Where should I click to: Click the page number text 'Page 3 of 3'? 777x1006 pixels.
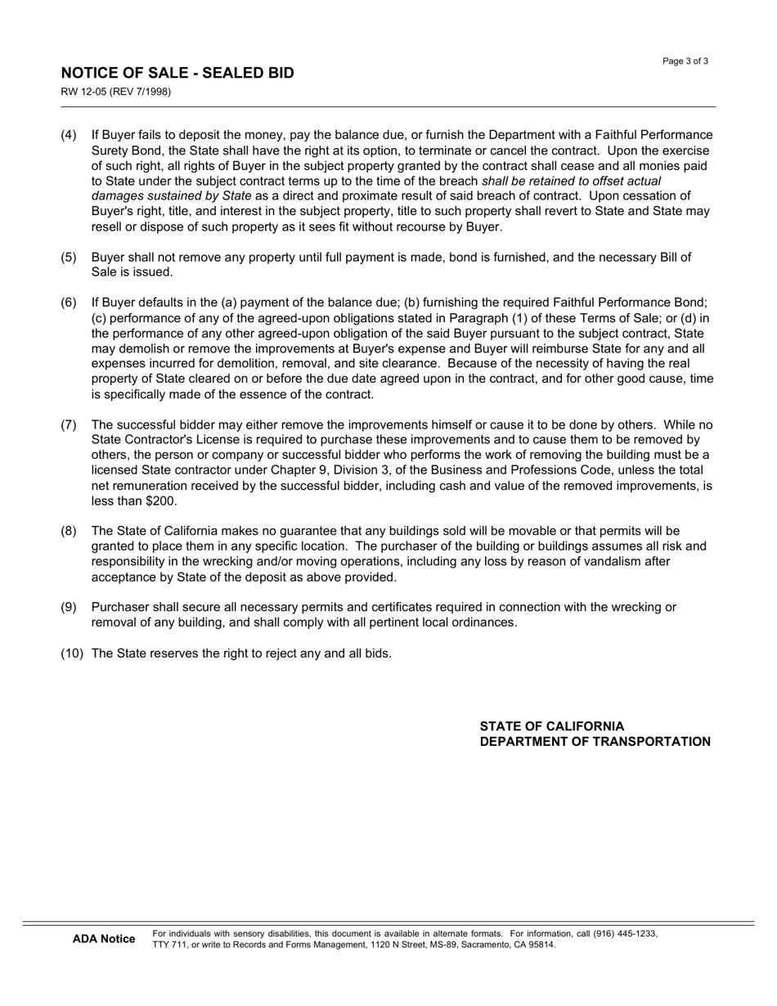point(685,61)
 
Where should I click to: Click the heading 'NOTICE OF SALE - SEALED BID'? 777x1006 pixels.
point(177,74)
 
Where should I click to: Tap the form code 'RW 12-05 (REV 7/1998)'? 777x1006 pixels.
point(115,92)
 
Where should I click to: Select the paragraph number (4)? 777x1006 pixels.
point(69,135)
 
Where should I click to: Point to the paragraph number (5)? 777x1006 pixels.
point(69,258)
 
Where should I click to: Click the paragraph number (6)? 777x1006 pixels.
point(69,303)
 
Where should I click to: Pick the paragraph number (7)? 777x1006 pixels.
point(69,425)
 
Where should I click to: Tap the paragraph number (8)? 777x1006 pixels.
point(69,532)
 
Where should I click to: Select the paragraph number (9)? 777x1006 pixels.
point(69,608)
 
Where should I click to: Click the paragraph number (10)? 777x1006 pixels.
point(72,653)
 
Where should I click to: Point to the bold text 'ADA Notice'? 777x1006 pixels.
point(104,939)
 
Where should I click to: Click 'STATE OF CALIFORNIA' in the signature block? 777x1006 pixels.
point(551,726)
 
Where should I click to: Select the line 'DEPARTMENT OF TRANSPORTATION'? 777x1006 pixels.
point(595,742)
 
